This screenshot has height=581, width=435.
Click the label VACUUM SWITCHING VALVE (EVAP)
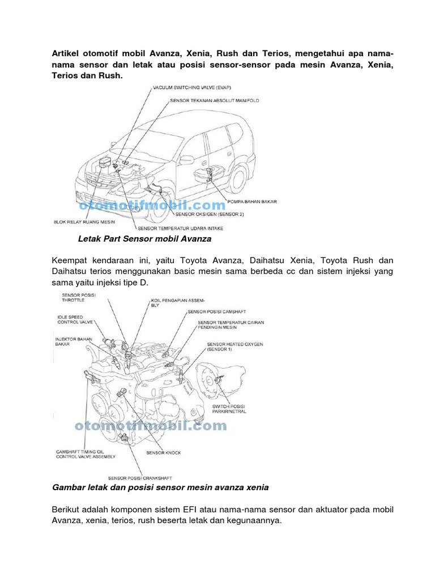coord(192,89)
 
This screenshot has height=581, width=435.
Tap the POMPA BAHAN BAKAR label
coord(251,201)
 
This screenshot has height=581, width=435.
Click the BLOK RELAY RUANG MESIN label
coord(81,222)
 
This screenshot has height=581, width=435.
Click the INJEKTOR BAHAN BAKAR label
coord(73,341)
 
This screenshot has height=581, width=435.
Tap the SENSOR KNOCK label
coord(163,453)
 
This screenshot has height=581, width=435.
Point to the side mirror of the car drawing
coord(186,160)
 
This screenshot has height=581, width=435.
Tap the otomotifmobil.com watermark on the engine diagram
coord(150,426)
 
